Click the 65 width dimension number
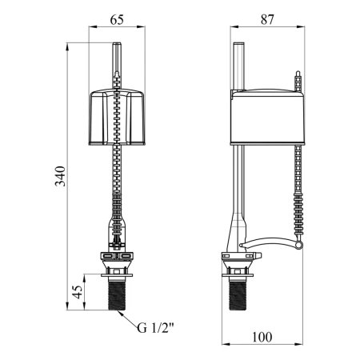[x=117, y=20]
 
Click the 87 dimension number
[x=267, y=20]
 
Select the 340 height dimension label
[x=60, y=176]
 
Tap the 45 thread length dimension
[x=77, y=292]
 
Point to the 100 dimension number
[x=262, y=337]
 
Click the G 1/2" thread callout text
[x=155, y=328]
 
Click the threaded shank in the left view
[x=117, y=295]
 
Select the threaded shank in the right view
[x=238, y=295]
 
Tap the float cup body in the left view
[x=117, y=118]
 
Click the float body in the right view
[x=267, y=118]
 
